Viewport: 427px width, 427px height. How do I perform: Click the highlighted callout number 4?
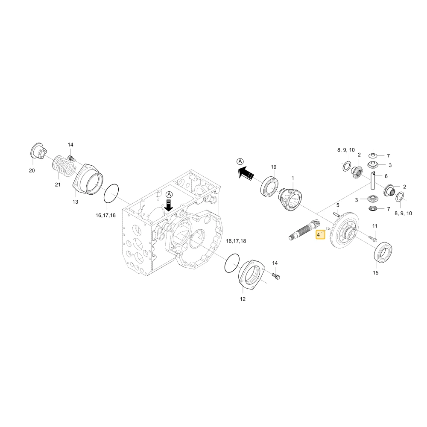320,234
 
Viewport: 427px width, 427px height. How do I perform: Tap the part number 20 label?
32,170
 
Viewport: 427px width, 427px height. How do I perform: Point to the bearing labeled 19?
269,187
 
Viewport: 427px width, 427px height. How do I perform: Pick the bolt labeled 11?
372,239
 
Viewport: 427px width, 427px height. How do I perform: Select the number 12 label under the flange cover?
243,299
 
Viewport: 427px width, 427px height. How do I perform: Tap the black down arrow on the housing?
169,205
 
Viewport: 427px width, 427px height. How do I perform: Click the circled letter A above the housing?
170,194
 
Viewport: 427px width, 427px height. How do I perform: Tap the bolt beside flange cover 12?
276,276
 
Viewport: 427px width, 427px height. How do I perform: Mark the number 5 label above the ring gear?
338,205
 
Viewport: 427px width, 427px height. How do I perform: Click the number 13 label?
75,202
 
